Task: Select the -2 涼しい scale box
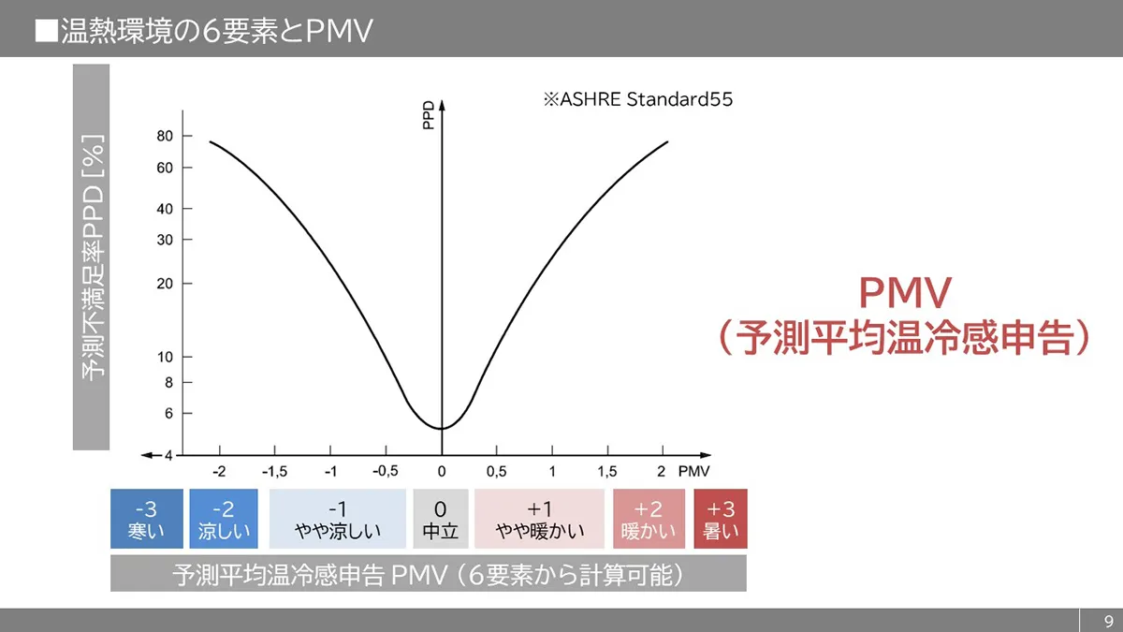224,520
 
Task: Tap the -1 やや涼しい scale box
338,520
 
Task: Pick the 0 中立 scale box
440,520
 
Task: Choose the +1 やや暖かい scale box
539,520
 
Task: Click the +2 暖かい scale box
648,520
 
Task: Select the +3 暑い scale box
721,520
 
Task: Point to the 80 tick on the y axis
165,136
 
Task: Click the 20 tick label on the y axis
165,283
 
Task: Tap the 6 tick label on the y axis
168,413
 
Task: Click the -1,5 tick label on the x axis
274,471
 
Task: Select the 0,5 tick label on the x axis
496,471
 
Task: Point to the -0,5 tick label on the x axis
384,471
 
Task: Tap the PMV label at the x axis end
693,471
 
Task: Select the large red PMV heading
905,293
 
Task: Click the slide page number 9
1108,621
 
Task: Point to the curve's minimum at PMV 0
441,428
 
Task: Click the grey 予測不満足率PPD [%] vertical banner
92,257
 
